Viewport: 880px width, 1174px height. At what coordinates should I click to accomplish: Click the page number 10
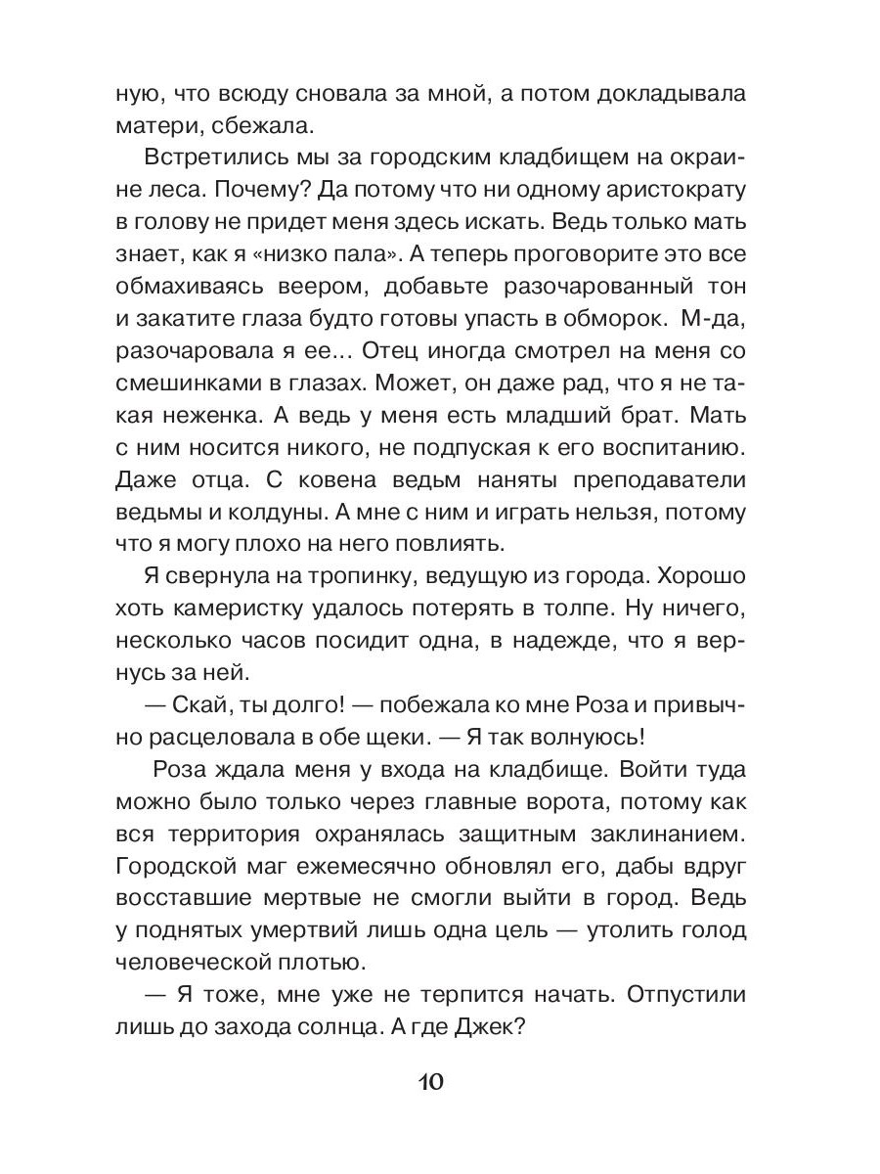point(431,1083)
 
